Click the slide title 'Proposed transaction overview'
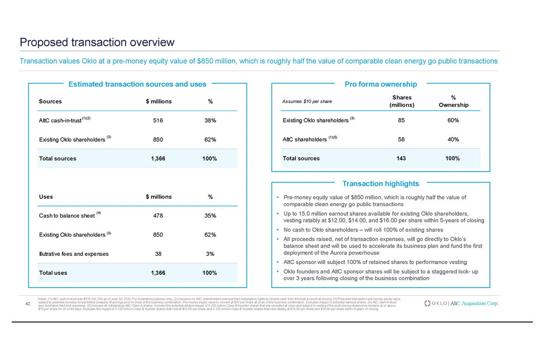pos(97,43)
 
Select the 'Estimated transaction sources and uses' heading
pos(137,84)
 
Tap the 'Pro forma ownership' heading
pos(380,84)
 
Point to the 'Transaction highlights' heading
pos(380,184)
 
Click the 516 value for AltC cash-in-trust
pos(158,121)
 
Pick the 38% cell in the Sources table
pos(210,121)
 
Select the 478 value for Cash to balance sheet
pos(158,216)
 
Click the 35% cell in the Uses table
pos(210,216)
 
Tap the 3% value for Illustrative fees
pos(210,254)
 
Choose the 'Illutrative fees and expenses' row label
pos(74,254)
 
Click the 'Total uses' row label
pos(53,273)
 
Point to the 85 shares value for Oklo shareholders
pos(401,120)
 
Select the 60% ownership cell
pos(453,120)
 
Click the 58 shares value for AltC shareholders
pos(401,139)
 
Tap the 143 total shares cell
pos(401,158)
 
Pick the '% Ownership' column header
pos(453,101)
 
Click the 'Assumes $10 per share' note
pos(307,101)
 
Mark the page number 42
pos(28,303)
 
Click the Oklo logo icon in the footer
pos(428,303)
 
